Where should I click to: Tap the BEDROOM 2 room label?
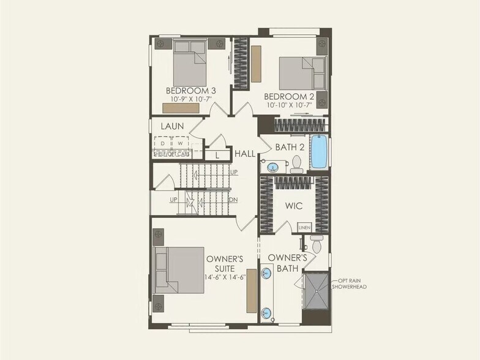289,96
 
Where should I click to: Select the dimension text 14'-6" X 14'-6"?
224,277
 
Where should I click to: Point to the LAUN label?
173,126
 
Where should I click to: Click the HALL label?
245,154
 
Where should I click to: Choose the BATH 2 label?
290,147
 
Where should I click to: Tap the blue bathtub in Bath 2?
319,152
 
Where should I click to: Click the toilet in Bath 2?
297,163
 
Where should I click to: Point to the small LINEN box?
304,227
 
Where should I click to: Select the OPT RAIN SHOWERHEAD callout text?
350,283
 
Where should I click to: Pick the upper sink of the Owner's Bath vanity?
267,274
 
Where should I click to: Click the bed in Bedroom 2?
302,73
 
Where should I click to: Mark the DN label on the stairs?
233,200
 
